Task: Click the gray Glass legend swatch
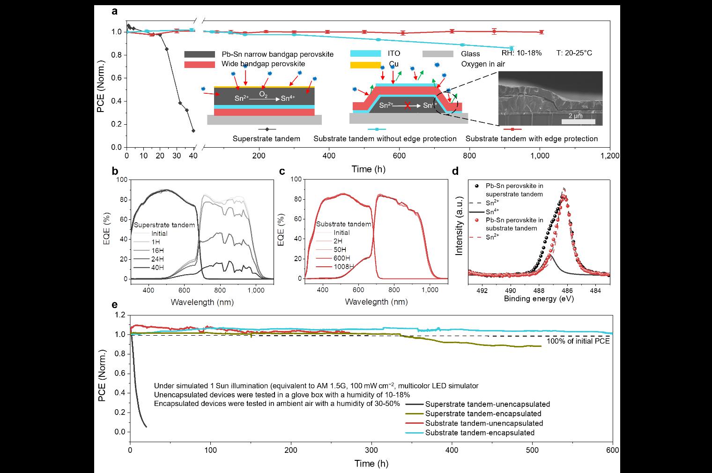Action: (x=438, y=54)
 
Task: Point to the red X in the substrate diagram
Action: (x=408, y=105)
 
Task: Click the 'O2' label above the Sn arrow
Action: (x=264, y=95)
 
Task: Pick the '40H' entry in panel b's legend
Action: (x=157, y=268)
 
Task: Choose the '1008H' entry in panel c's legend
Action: (x=344, y=267)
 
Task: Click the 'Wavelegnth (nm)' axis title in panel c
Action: (x=376, y=302)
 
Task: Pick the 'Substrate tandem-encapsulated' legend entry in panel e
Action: (x=480, y=433)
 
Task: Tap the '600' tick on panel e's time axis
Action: (x=612, y=449)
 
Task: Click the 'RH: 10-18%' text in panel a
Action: (x=521, y=53)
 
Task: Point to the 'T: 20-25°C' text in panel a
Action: (x=574, y=53)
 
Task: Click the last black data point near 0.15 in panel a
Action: (x=193, y=131)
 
